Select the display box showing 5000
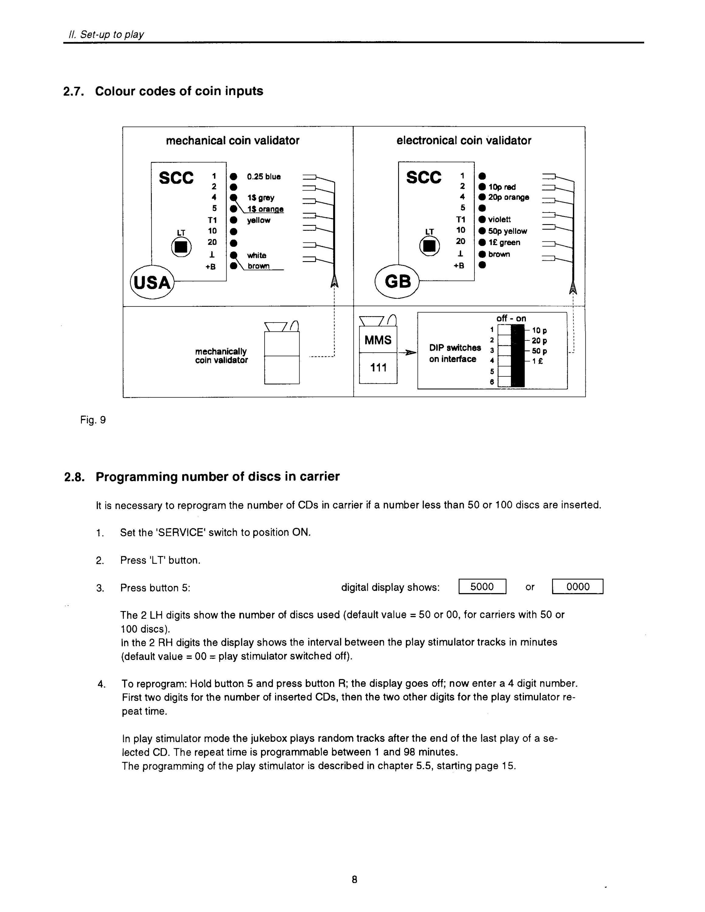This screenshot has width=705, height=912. (x=482, y=587)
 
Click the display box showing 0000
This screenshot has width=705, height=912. (x=578, y=587)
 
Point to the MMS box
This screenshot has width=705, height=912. (x=378, y=340)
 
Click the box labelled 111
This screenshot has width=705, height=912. (x=378, y=368)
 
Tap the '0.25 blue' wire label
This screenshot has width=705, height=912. (x=264, y=177)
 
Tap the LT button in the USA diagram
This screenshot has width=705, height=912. (x=182, y=247)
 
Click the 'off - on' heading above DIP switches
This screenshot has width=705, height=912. (x=511, y=318)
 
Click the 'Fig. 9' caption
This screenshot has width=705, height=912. (x=93, y=420)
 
